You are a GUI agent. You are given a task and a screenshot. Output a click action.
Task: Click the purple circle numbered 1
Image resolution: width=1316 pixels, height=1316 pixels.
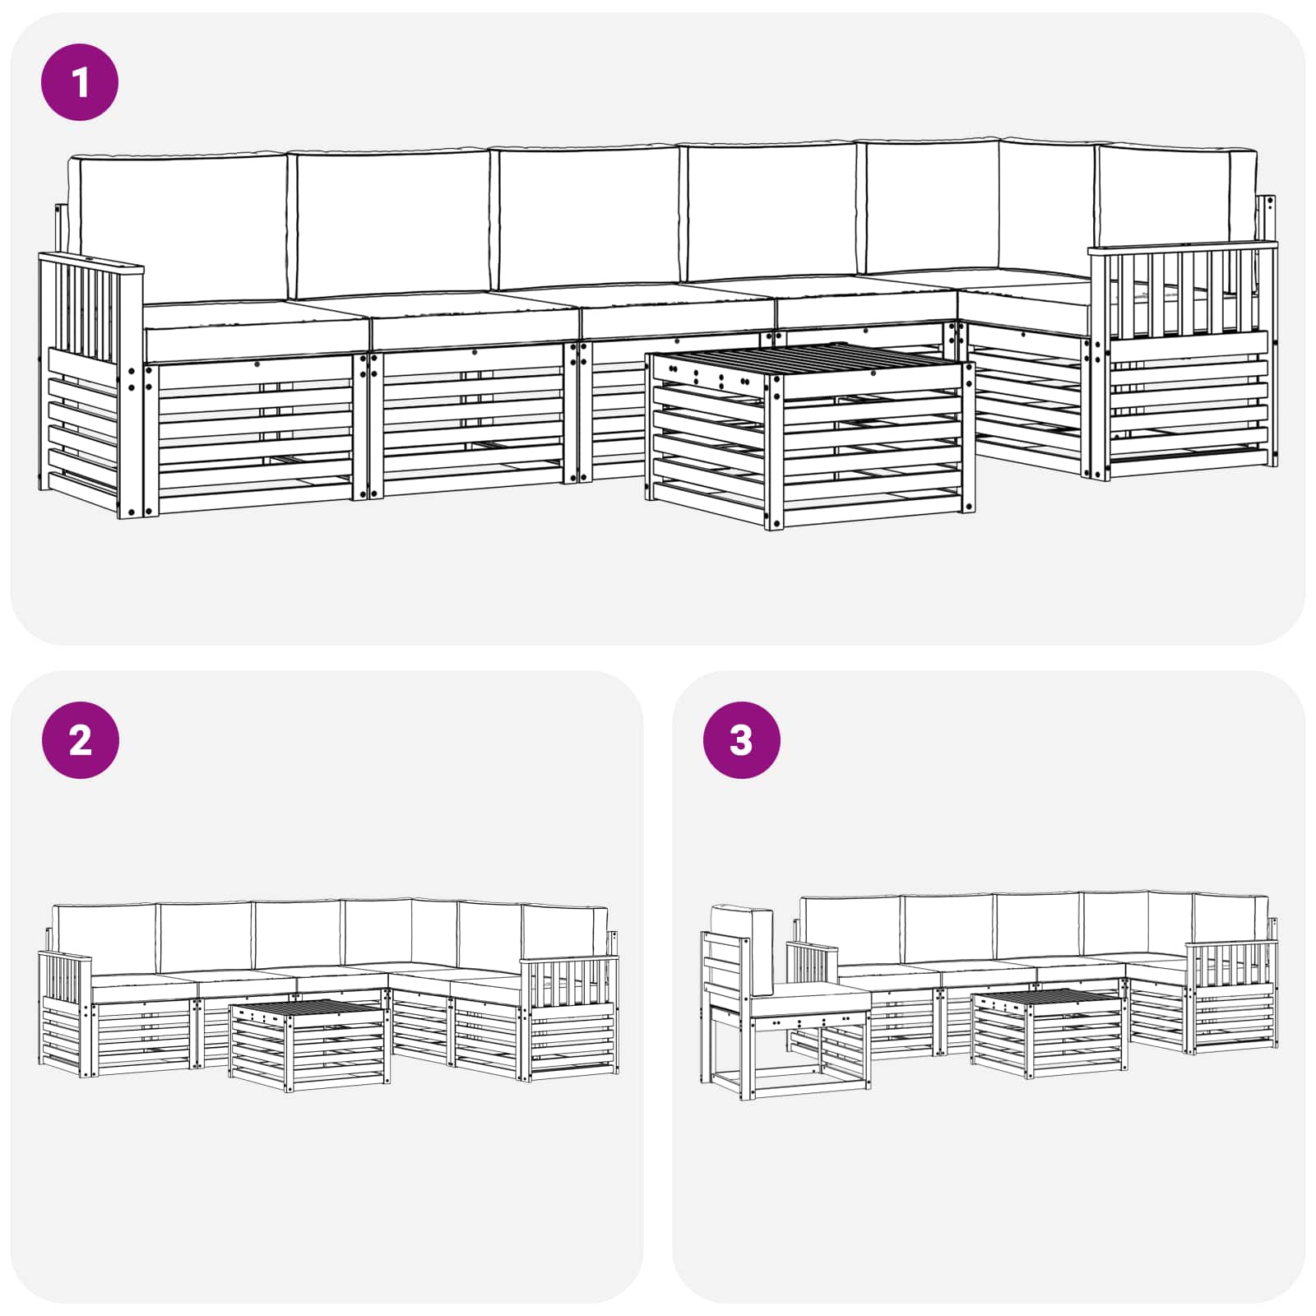(x=80, y=82)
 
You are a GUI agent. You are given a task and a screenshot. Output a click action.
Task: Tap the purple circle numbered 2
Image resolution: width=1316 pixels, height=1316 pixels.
(x=80, y=740)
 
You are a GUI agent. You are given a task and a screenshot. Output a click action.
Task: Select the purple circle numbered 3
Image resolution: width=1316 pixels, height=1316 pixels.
(x=741, y=740)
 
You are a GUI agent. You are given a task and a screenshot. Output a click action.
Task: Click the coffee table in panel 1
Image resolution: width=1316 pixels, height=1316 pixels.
(x=810, y=436)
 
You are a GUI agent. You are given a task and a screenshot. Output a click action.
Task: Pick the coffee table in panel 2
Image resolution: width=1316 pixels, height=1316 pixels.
(x=309, y=1045)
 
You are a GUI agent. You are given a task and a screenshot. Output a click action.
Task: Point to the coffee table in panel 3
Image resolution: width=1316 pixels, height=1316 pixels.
(x=1046, y=1033)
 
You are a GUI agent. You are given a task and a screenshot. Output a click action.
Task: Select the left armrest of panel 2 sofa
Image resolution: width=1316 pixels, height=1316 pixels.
(x=66, y=1012)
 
